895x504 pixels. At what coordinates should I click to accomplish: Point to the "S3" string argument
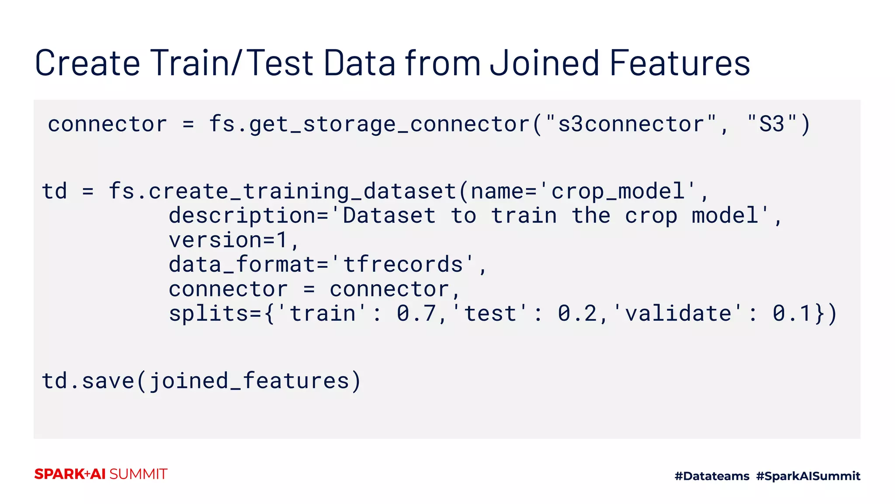tap(772, 124)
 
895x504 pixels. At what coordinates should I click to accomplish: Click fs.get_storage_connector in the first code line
tap(369, 124)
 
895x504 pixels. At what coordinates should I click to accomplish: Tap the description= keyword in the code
tap(248, 216)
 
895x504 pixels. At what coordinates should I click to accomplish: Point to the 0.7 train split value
tap(416, 314)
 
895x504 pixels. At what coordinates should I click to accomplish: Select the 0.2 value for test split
tap(577, 314)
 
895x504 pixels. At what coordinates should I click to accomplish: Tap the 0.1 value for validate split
tap(792, 314)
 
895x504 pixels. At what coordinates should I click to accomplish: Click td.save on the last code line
tap(88, 381)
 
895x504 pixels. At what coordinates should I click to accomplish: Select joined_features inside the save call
tap(249, 381)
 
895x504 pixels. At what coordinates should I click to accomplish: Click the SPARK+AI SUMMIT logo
tap(101, 474)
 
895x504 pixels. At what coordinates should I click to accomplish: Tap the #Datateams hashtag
tap(712, 476)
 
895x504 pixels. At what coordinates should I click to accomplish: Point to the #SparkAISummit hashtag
tap(808, 476)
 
